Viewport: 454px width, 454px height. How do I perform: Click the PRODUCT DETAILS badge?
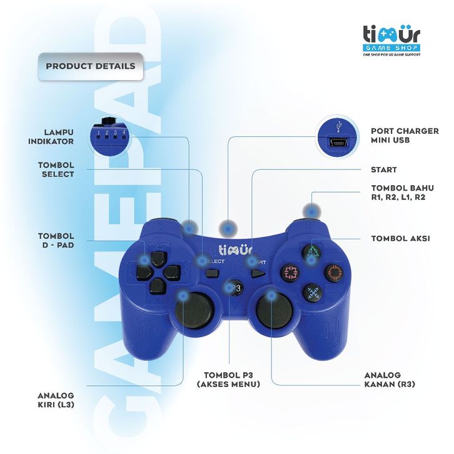click(x=90, y=66)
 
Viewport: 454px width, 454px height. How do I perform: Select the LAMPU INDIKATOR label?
click(x=51, y=137)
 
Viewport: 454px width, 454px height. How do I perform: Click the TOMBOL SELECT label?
click(x=56, y=169)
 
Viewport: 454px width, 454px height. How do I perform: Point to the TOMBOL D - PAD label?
click(x=56, y=241)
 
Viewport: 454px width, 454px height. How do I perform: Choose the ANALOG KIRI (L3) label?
click(x=56, y=400)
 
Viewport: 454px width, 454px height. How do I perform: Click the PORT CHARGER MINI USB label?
click(x=405, y=136)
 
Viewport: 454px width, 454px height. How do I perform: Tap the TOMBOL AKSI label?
click(x=400, y=238)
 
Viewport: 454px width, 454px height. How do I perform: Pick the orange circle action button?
click(x=333, y=272)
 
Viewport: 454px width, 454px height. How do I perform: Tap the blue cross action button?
click(x=312, y=293)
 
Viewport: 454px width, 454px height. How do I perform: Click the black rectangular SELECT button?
click(x=211, y=272)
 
